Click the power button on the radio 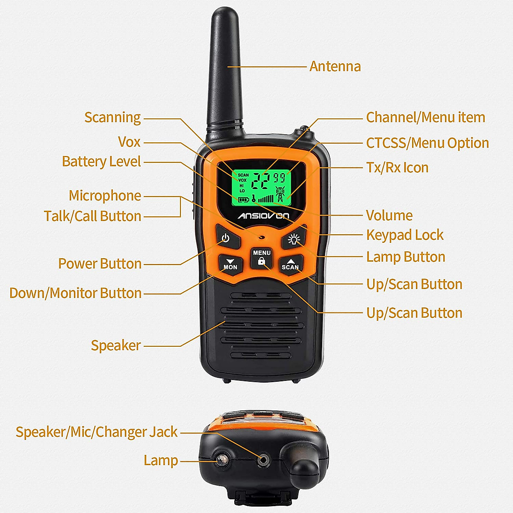[225, 239]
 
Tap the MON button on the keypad [230, 264]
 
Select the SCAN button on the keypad [290, 264]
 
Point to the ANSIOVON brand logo [263, 215]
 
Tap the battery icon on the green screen [243, 199]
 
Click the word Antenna [335, 67]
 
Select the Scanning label [112, 118]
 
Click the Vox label [129, 142]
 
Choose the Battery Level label [101, 162]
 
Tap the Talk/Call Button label [92, 216]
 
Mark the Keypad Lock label [404, 235]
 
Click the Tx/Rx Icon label [397, 168]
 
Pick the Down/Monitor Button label [75, 293]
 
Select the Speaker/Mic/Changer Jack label [97, 432]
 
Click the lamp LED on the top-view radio [221, 460]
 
